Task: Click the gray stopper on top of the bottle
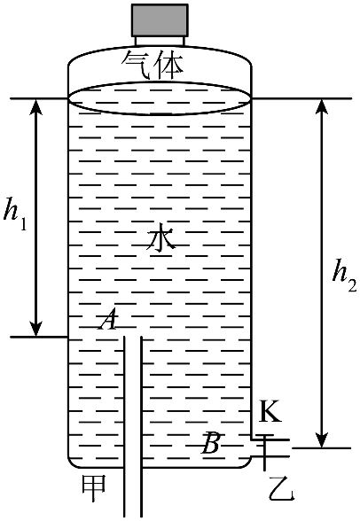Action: coord(160,20)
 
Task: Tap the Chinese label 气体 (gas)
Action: coord(153,66)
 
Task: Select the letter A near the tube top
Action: coord(107,319)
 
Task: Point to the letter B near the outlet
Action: coord(210,443)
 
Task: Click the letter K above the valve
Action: coord(270,411)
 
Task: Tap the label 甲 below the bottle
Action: coord(94,488)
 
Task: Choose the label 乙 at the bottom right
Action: coord(282,488)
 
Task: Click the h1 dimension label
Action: coord(15,214)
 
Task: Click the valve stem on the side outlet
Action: coord(264,453)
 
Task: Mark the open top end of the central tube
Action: coord(133,337)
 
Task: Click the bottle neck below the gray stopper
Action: coord(160,41)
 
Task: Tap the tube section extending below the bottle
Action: coord(133,493)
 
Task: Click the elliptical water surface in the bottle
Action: coord(160,114)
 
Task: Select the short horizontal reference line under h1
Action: coord(39,337)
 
